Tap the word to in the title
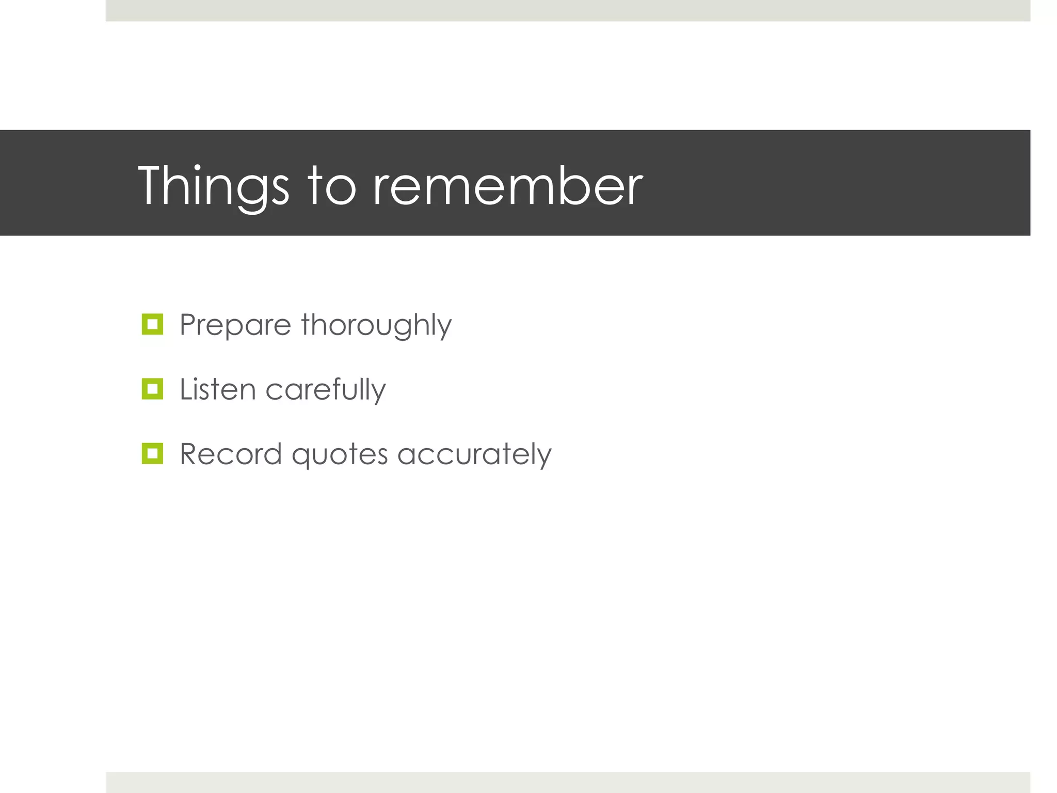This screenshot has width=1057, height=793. click(x=332, y=186)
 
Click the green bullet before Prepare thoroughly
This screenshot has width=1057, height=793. click(x=152, y=324)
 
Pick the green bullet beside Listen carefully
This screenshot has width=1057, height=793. click(x=152, y=389)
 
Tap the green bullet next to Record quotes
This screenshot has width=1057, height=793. click(x=152, y=453)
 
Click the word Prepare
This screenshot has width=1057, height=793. click(x=235, y=325)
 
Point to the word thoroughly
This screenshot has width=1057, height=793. click(x=376, y=325)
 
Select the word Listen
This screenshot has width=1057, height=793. click(x=217, y=389)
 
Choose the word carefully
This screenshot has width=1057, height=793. click(x=325, y=389)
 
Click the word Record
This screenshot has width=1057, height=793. click(x=231, y=454)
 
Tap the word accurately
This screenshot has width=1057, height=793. click(x=474, y=454)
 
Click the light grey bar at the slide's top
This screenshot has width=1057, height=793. click(x=568, y=10)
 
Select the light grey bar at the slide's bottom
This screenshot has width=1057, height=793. click(x=568, y=782)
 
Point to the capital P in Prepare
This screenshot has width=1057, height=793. click(x=188, y=325)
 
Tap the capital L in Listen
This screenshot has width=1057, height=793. click(x=186, y=389)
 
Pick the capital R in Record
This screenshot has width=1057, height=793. click(x=189, y=454)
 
